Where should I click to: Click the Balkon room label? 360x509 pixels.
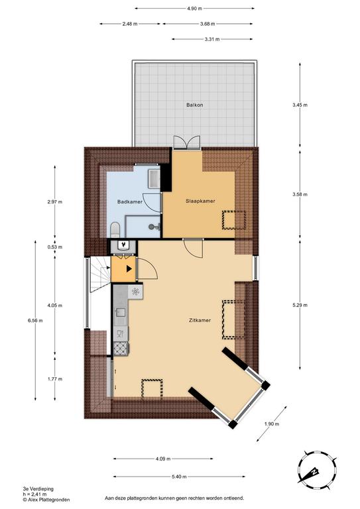tap(194, 105)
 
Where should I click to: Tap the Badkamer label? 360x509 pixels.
tap(130, 201)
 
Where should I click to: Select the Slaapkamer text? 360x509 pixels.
tap(200, 201)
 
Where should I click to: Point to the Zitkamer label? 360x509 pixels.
tap(200, 320)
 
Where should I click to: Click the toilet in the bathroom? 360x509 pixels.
tap(115, 229)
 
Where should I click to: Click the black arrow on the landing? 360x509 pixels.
tap(129, 268)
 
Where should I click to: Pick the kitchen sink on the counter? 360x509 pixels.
tap(121, 312)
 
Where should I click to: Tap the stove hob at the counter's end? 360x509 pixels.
tap(121, 349)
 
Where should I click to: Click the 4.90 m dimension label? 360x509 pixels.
tap(194, 9)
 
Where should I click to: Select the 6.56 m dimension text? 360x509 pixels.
tap(35, 320)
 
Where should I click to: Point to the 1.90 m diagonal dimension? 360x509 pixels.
tap(272, 424)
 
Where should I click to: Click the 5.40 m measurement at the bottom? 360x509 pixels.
tap(179, 477)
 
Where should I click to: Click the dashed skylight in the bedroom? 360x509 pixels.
tap(233, 220)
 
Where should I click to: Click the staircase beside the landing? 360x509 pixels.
tap(100, 274)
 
